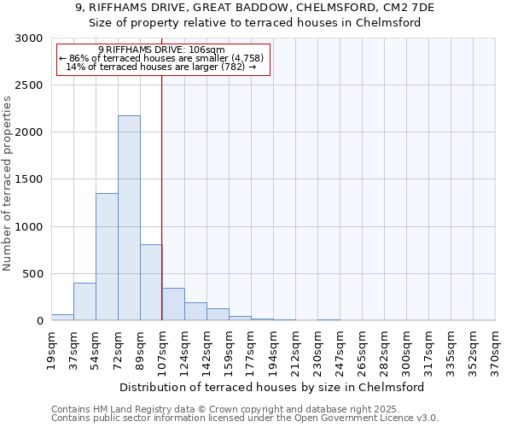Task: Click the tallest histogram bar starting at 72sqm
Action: pyautogui.click(x=129, y=218)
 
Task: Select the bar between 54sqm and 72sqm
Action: pyautogui.click(x=107, y=256)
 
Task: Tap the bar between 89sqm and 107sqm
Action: pyautogui.click(x=151, y=282)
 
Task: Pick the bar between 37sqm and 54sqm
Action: pyautogui.click(x=84, y=301)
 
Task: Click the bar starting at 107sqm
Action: pyautogui.click(x=173, y=304)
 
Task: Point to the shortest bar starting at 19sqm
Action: pyautogui.click(x=62, y=317)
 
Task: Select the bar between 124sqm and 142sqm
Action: pyautogui.click(x=195, y=312)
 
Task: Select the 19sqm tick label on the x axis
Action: pyautogui.click(x=52, y=348)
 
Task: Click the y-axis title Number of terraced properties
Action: pyautogui.click(x=8, y=184)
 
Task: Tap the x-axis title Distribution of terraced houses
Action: pyautogui.click(x=273, y=387)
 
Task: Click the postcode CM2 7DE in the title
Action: pyautogui.click(x=410, y=7)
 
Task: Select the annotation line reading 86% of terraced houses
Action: pyautogui.click(x=162, y=58)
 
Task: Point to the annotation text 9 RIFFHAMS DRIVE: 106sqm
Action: pyautogui.click(x=162, y=50)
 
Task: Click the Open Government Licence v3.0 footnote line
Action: pyautogui.click(x=244, y=418)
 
